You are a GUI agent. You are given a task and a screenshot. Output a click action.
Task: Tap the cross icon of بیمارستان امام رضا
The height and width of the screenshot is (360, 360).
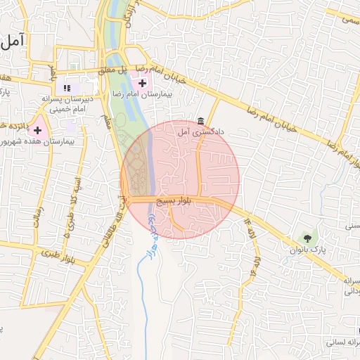tap(143, 84)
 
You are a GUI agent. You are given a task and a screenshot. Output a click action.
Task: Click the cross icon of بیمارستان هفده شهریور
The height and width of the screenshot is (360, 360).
tap(38, 130)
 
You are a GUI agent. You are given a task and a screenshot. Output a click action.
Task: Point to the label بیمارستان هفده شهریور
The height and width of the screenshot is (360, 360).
tap(39, 141)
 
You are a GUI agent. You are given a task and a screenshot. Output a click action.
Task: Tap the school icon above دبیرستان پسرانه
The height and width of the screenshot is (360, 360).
tap(67, 88)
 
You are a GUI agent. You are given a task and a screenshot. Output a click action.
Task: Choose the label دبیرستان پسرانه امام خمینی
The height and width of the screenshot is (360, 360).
tap(70, 104)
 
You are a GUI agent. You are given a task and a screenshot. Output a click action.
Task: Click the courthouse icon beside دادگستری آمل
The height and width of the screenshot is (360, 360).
tap(201, 120)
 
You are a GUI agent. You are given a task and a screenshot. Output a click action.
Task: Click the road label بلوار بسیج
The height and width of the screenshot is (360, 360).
tap(172, 201)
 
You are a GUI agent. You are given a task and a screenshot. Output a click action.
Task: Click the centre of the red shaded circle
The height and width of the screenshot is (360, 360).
tap(180, 179)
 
